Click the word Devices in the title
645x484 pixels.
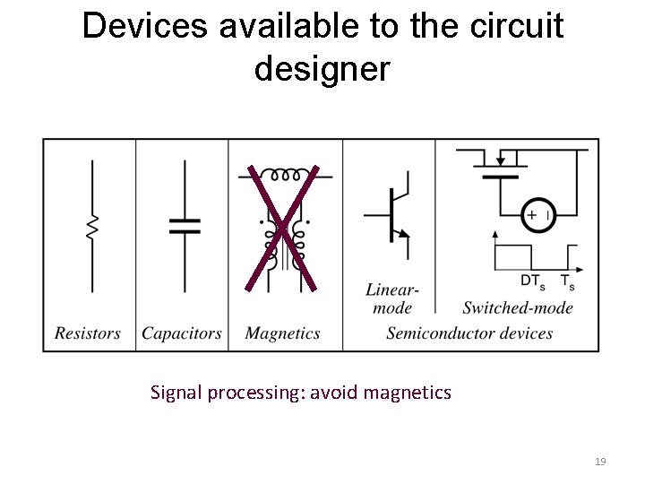[x=142, y=26]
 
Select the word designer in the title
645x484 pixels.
[x=322, y=68]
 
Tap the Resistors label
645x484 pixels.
[x=88, y=333]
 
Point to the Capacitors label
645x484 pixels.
[x=182, y=333]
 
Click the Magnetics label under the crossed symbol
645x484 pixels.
[x=282, y=333]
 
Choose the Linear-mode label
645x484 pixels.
[x=391, y=298]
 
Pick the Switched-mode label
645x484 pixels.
[x=518, y=308]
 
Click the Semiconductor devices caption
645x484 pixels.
[x=469, y=333]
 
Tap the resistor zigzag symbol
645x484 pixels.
[x=91, y=227]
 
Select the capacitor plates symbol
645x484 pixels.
[x=185, y=224]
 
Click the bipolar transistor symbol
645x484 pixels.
[x=391, y=214]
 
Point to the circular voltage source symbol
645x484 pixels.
[x=539, y=215]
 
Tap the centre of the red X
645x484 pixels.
[x=282, y=228]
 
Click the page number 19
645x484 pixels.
[x=600, y=462]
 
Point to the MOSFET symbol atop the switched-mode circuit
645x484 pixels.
[x=501, y=166]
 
